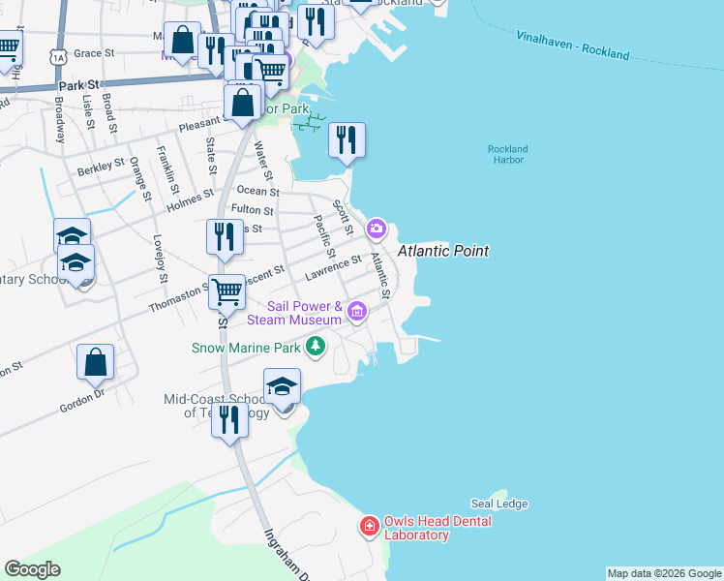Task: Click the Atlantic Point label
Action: tap(442, 251)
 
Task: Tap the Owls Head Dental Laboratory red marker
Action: tap(369, 527)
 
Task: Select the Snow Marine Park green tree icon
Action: tap(315, 345)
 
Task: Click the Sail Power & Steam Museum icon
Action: tap(357, 311)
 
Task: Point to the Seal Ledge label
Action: tap(498, 504)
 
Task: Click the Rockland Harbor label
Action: tap(507, 154)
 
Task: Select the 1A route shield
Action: tap(60, 57)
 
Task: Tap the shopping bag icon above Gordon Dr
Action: tap(96, 363)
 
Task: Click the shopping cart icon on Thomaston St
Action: tap(226, 290)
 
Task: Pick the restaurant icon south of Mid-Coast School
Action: tap(229, 420)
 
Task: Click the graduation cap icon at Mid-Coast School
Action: tap(282, 386)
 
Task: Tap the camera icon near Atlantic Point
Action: tap(376, 229)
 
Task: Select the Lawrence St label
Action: tap(332, 267)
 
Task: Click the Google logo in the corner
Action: tap(32, 569)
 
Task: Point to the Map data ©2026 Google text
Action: tap(664, 573)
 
